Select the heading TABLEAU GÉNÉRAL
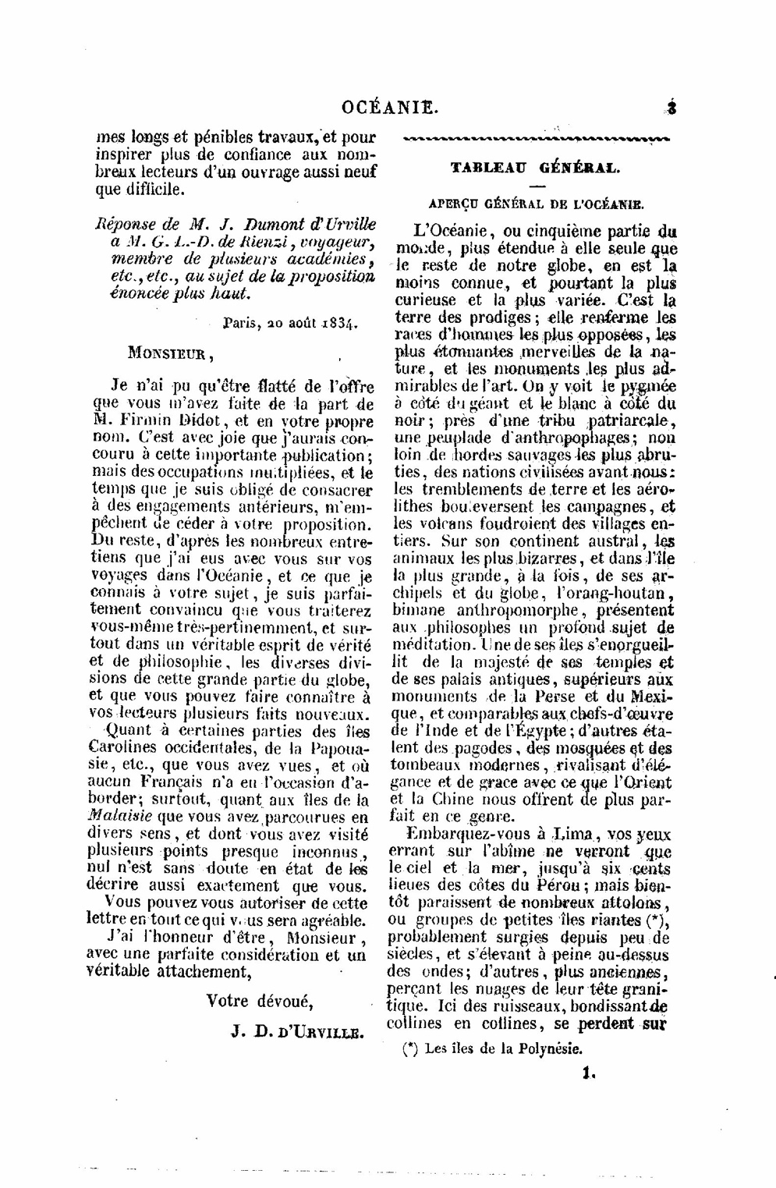[x=535, y=167]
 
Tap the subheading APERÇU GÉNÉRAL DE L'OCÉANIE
[x=536, y=204]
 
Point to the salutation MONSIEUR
[x=170, y=352]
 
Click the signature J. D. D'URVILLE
[x=297, y=1032]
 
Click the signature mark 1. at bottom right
[x=588, y=1073]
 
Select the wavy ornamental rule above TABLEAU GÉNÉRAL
[x=534, y=140]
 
